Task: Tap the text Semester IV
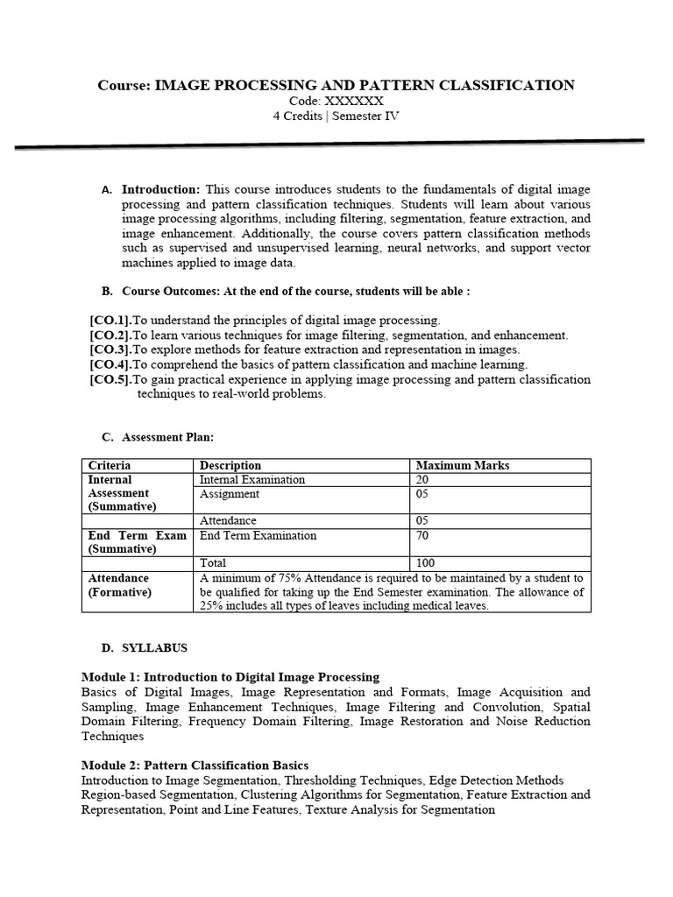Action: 364,116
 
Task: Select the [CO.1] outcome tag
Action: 110,321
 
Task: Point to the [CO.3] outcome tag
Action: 110,350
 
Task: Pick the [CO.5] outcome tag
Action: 110,379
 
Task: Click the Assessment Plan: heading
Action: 167,437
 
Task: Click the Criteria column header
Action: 110,465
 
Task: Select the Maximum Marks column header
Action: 462,465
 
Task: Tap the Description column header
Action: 230,465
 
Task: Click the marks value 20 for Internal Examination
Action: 423,479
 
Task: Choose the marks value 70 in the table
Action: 423,535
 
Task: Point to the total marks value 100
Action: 426,563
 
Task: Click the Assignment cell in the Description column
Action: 230,493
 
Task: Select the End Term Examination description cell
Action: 259,535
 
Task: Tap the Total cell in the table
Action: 213,563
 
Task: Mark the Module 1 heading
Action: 230,677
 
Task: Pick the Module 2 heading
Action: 195,766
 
